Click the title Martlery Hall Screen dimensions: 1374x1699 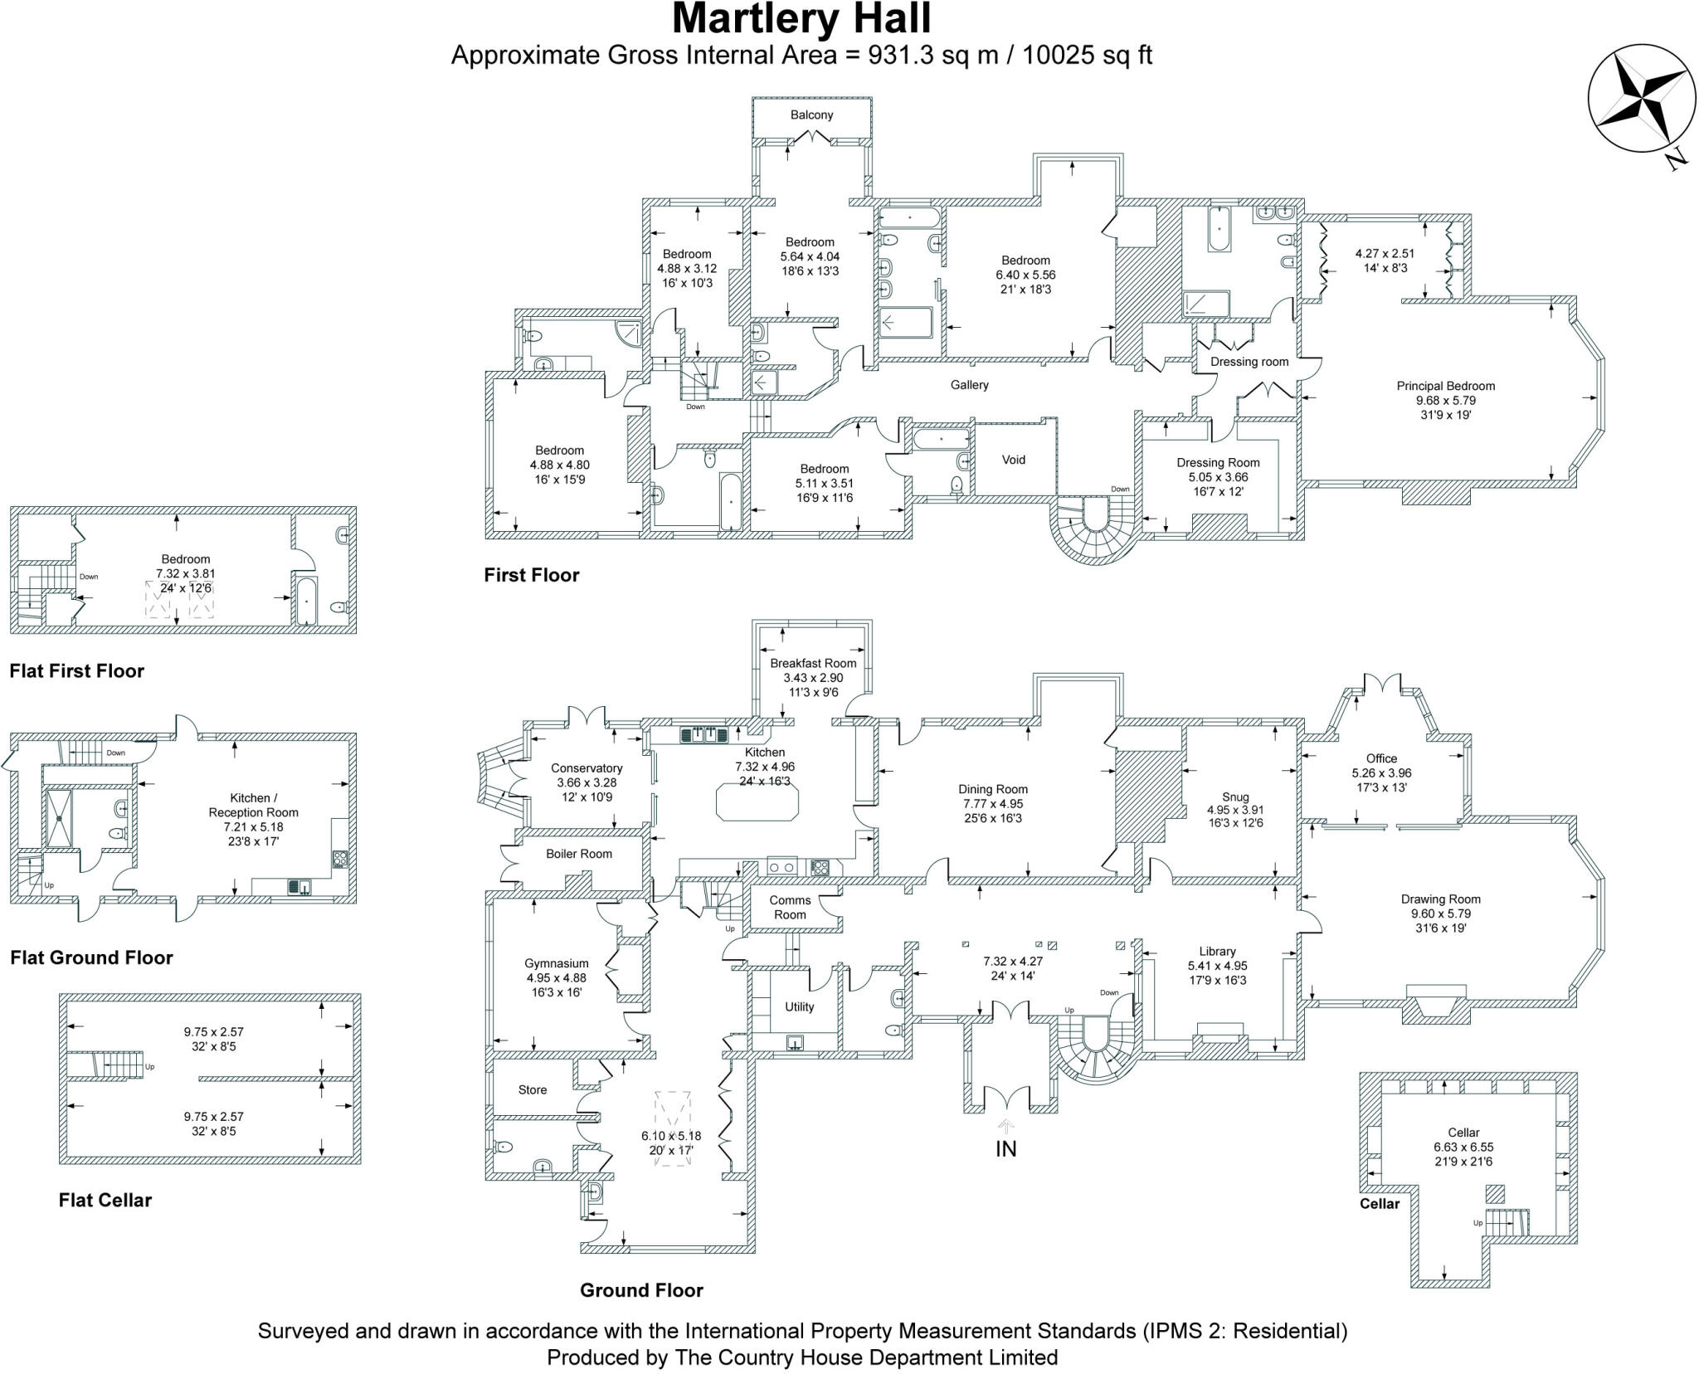coord(801,20)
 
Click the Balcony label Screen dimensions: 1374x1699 coord(811,115)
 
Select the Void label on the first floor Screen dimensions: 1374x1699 coord(1014,460)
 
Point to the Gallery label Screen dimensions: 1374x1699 coord(969,385)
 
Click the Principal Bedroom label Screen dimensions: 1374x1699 coord(1445,386)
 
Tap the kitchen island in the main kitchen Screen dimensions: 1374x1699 coord(757,801)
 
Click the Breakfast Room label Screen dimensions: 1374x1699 coord(812,663)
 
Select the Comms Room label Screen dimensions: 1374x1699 coord(790,907)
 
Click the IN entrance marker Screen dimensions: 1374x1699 coord(1005,1148)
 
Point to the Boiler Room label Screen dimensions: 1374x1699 coord(579,854)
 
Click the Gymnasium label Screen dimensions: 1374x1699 coord(556,963)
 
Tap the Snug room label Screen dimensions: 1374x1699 coord(1234,797)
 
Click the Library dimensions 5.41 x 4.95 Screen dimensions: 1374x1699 coord(1217,966)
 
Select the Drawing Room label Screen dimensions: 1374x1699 coord(1440,899)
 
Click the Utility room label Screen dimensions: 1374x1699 coord(799,1006)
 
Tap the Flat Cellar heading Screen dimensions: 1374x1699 coord(105,1200)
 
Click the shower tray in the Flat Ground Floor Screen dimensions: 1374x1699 coord(60,817)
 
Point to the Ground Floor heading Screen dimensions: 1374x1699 coord(641,1290)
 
